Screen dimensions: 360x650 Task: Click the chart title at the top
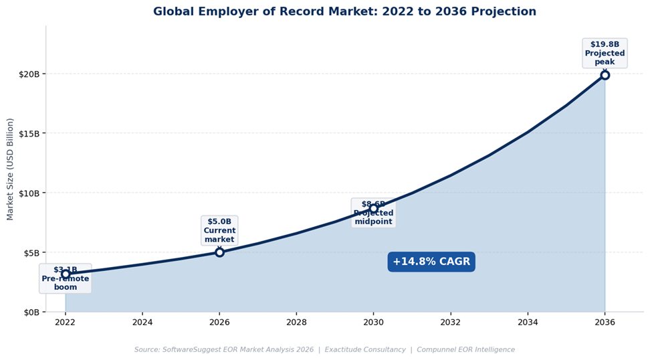(344, 11)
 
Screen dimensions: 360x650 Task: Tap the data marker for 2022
(66, 274)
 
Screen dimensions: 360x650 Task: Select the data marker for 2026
(219, 252)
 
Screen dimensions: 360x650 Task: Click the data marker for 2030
(373, 209)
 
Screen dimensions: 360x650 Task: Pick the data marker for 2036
(605, 75)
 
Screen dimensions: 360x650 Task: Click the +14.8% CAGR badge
(431, 262)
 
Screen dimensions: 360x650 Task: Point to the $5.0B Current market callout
(219, 230)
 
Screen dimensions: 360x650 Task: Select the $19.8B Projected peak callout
(605, 53)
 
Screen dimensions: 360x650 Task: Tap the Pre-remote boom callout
(66, 278)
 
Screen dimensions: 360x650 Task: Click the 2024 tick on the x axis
(142, 323)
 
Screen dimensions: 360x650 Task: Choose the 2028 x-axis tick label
(296, 323)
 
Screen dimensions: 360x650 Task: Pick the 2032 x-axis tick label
(451, 323)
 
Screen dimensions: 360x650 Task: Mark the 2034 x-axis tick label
(528, 323)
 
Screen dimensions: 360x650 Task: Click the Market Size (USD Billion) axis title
(10, 169)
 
